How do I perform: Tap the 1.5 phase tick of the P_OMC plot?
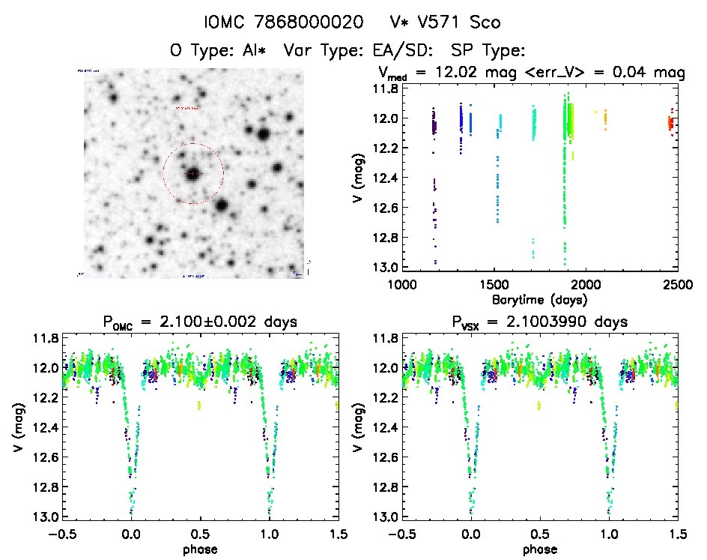pos(338,534)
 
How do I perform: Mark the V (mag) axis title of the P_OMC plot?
pos(17,427)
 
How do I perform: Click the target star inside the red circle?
pos(193,174)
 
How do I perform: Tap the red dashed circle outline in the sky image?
pos(223,174)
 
